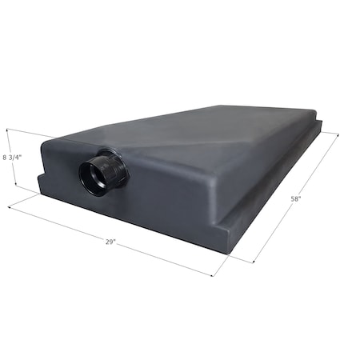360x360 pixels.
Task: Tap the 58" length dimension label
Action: [x=296, y=198]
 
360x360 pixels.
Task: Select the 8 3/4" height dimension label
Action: [x=12, y=157]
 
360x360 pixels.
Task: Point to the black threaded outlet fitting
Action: [x=102, y=172]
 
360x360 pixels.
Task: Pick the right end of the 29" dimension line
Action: [x=213, y=275]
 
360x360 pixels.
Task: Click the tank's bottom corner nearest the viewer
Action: [x=228, y=253]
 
